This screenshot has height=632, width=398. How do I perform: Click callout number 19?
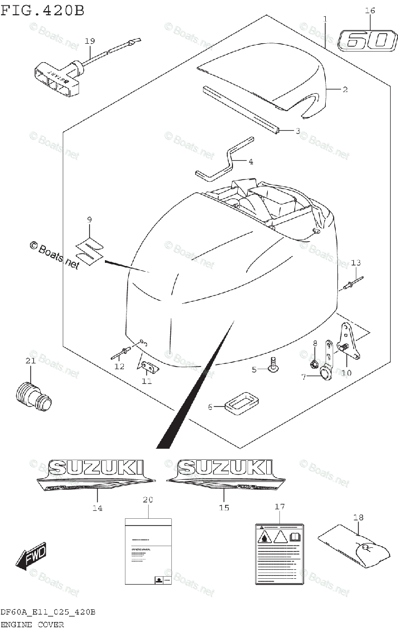[x=90, y=41]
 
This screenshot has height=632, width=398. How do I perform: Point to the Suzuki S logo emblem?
[x=90, y=248]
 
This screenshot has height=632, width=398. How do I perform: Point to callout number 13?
[x=356, y=263]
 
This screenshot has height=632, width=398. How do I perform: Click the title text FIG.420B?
[x=42, y=10]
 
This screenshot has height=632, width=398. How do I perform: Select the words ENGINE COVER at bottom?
[x=32, y=625]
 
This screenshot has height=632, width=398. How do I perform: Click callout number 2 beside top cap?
[x=345, y=90]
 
